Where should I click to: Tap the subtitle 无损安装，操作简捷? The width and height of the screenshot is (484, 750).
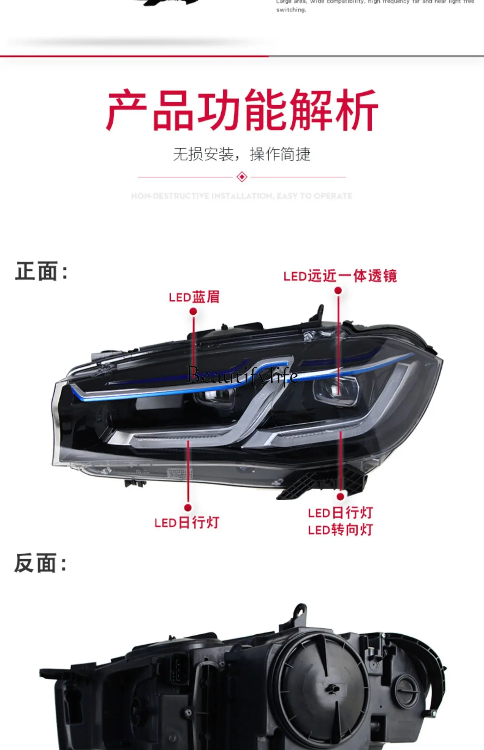(242, 154)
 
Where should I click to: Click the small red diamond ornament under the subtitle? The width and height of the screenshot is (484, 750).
(242, 177)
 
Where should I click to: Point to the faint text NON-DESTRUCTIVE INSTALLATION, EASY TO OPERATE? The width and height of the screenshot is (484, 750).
(242, 196)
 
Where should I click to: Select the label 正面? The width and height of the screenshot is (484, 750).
(41, 271)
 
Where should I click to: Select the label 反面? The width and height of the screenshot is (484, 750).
(40, 563)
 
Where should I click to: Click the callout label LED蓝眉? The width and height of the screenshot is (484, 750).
(194, 297)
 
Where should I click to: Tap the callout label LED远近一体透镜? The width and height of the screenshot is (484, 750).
(340, 276)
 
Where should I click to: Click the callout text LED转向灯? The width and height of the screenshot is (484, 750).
(340, 530)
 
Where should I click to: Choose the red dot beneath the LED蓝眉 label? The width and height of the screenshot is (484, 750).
(193, 311)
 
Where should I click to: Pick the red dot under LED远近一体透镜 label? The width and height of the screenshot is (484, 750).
(338, 291)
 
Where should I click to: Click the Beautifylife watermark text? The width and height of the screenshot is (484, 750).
(243, 376)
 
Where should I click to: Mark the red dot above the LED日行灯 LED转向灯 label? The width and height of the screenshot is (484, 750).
(340, 496)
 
